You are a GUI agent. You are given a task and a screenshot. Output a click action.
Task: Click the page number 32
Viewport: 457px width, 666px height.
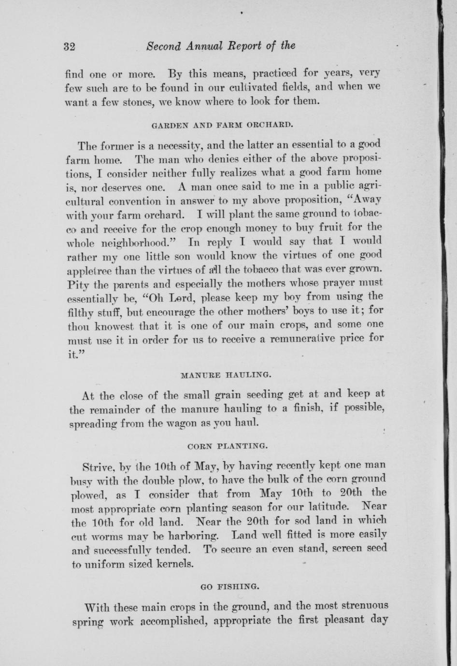[x=70, y=47]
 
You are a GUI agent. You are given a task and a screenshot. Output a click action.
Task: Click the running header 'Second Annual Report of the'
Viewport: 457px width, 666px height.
[x=220, y=46]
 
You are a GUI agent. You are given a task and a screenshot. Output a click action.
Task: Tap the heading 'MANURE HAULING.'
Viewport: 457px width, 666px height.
[x=223, y=374]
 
